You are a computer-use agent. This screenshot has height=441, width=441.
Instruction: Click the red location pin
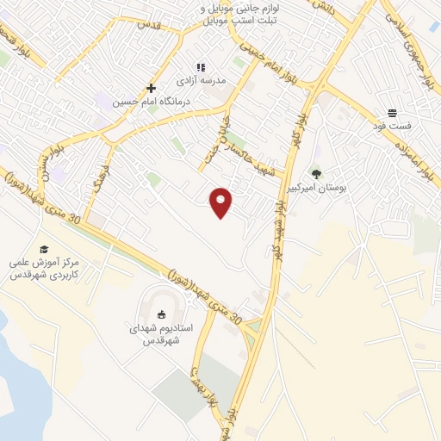tap(221, 202)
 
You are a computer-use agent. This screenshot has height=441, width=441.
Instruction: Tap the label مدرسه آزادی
tap(201, 80)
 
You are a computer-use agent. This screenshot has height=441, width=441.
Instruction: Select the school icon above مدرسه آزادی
tap(201, 67)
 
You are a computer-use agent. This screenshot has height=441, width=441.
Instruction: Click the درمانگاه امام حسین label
tap(152, 101)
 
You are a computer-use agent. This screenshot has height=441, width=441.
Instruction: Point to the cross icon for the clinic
tap(152, 88)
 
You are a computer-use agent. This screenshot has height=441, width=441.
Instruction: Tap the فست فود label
tap(393, 126)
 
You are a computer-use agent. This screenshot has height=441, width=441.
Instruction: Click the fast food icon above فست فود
tap(393, 113)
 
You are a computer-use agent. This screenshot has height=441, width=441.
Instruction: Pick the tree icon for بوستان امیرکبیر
tap(317, 174)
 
